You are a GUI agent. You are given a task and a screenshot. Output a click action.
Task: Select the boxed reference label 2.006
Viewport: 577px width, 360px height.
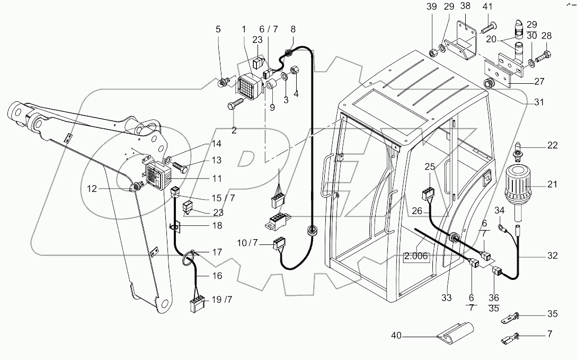416,257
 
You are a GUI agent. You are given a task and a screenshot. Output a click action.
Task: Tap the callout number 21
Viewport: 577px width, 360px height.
552,185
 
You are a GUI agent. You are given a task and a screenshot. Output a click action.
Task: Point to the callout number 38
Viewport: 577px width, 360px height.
465,6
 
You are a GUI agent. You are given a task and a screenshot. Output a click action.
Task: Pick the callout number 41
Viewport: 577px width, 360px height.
487,6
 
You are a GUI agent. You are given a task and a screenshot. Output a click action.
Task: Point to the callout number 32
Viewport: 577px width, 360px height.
552,256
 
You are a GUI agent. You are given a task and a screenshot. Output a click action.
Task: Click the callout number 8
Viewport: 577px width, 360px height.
294,30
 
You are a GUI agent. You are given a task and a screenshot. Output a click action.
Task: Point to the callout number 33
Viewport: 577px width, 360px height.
446,298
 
